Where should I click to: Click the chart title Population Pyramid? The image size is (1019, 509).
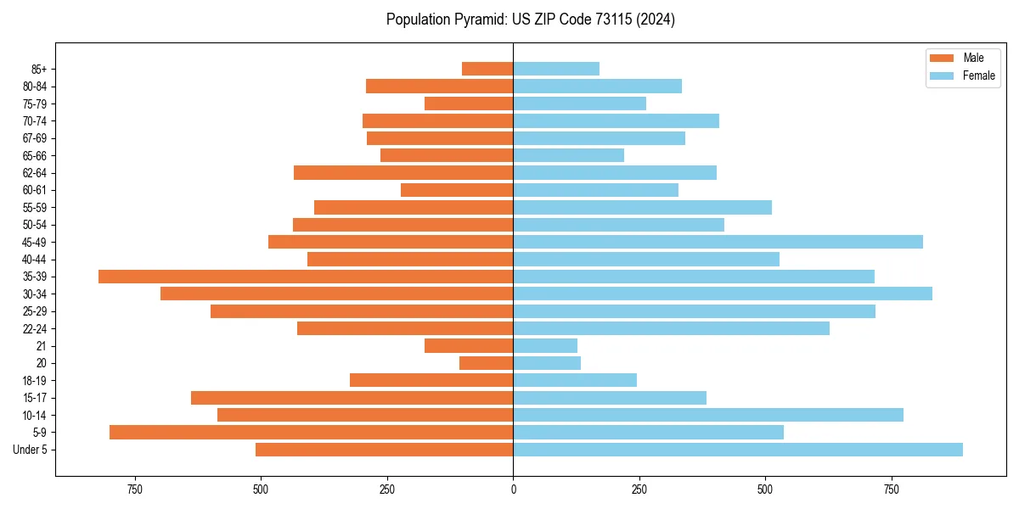(x=530, y=20)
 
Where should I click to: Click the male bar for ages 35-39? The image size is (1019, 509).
(x=306, y=277)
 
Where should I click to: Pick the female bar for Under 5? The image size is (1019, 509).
(x=738, y=450)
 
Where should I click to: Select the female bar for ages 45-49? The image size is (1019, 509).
(x=718, y=242)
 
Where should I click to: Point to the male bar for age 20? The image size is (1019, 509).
(x=486, y=363)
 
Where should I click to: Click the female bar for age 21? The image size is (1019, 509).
(x=545, y=346)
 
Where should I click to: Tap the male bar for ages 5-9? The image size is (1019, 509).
(x=311, y=433)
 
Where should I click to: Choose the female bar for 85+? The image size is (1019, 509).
(x=556, y=69)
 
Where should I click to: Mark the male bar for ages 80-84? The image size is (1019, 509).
(x=439, y=87)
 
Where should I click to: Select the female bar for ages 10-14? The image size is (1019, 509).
(x=708, y=415)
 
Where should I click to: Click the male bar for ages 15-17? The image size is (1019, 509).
(x=352, y=398)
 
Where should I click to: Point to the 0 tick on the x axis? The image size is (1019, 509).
(x=513, y=489)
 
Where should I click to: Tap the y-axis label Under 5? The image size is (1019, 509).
(x=30, y=450)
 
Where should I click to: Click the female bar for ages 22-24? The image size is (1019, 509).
(x=671, y=328)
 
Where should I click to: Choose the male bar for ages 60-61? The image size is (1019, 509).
(x=457, y=190)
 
